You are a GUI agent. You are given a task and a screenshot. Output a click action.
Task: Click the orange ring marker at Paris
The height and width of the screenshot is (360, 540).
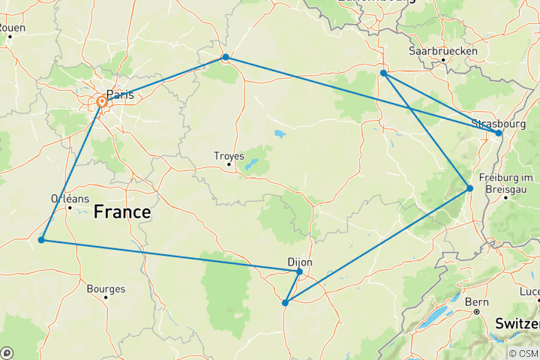click(x=102, y=102)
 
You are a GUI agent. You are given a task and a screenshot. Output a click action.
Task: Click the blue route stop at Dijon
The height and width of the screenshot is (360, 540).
click(x=299, y=271)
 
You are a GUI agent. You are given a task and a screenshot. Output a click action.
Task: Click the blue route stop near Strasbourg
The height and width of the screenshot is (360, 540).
click(x=499, y=133)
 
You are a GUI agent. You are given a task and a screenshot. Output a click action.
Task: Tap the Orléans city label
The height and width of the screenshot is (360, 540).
click(x=70, y=199)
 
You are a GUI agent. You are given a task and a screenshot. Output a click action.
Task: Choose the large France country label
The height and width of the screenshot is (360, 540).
click(x=122, y=213)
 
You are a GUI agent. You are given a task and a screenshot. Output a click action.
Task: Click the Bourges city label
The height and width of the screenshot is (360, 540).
click(x=106, y=288)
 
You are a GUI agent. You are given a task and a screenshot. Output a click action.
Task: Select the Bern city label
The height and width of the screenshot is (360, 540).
click(x=477, y=301)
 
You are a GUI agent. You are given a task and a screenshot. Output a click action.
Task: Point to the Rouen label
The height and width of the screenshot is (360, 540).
click(x=11, y=28)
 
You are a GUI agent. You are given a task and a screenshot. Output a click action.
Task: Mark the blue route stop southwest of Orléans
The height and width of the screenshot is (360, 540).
click(x=41, y=240)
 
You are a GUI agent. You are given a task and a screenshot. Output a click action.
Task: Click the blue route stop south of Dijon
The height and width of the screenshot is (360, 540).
click(x=285, y=303)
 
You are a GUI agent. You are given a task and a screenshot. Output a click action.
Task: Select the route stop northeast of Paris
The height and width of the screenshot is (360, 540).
click(x=225, y=58)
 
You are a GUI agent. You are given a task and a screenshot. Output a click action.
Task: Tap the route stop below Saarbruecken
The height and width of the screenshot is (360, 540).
click(x=383, y=73)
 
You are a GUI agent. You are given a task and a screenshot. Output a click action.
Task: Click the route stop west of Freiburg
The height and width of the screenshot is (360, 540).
click(x=470, y=188)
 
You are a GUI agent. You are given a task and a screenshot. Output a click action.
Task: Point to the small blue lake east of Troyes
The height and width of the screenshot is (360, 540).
click(x=279, y=135)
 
